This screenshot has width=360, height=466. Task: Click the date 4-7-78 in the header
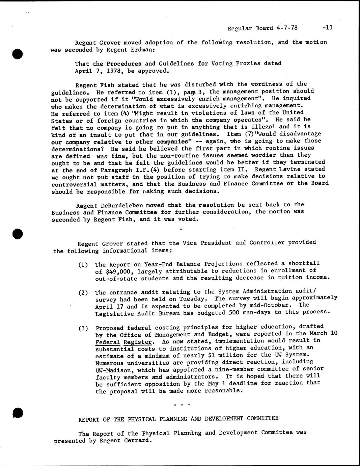tap(286, 28)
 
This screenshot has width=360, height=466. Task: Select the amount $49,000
tap(116, 271)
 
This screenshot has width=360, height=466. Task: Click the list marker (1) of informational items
tap(83, 265)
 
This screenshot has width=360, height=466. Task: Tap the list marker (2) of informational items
tap(83, 292)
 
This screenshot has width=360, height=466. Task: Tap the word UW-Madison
tap(112, 370)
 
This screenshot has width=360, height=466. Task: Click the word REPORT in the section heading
tap(89, 419)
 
